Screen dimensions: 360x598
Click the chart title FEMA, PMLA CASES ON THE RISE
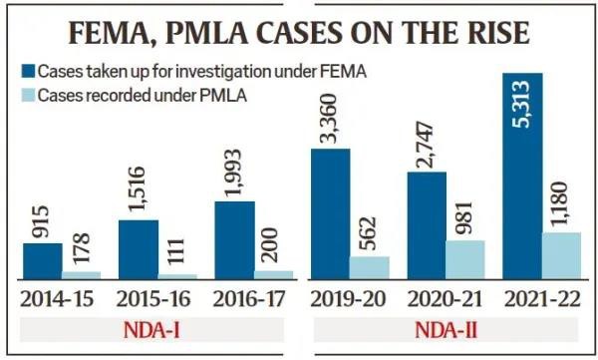click(299, 32)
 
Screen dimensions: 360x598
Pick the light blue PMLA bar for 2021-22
click(561, 255)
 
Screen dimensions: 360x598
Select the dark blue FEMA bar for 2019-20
click(331, 213)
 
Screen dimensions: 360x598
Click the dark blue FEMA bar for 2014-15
click(42, 260)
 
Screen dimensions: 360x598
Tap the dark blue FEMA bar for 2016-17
click(234, 239)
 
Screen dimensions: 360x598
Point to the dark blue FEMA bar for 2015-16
click(138, 248)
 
